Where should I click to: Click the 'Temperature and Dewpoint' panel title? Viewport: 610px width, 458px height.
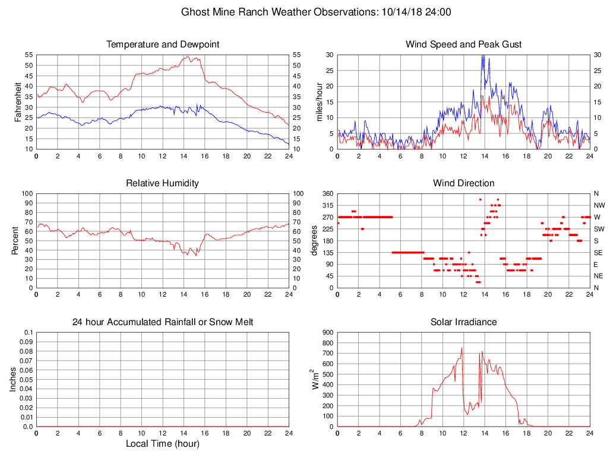(163, 44)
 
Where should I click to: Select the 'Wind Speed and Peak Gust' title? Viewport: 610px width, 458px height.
(463, 44)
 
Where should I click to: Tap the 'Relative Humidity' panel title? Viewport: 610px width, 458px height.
(163, 183)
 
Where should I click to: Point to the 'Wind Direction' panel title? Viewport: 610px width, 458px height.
(463, 183)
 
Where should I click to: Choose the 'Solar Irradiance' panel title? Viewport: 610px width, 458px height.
(463, 322)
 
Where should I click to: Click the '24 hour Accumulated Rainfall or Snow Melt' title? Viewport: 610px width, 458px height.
(163, 322)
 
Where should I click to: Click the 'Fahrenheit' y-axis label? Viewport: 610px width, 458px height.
(17, 101)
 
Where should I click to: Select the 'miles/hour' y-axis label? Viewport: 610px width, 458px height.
(319, 101)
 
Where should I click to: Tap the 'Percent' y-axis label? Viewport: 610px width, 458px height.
(17, 240)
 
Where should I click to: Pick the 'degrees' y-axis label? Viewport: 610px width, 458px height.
(314, 240)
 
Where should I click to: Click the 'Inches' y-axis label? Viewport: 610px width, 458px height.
(14, 379)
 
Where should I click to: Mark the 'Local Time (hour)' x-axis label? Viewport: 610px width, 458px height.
(163, 444)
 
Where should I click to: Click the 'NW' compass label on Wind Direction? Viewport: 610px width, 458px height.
(598, 205)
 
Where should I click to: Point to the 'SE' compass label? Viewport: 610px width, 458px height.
(598, 252)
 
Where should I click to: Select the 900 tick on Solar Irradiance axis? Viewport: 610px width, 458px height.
(327, 332)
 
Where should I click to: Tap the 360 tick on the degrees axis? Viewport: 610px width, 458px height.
(327, 193)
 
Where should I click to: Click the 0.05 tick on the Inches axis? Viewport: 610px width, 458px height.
(26, 379)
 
